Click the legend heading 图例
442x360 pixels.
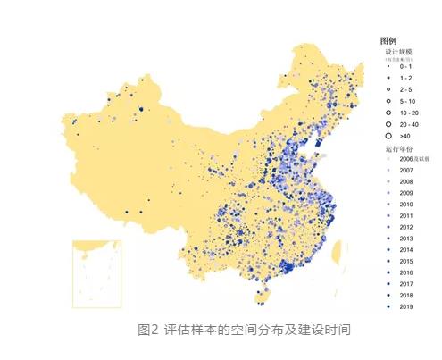(388, 41)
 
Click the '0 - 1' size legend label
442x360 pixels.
(405, 67)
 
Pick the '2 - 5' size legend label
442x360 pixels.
(405, 90)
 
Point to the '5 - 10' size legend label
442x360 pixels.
(407, 102)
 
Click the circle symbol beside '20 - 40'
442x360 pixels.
(388, 124)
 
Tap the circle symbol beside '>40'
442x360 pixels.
(388, 136)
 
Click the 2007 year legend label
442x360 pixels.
(407, 169)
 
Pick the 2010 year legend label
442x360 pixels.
(407, 204)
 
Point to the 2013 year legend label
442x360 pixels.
(407, 238)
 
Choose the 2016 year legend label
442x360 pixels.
(407, 272)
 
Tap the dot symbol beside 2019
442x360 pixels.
(388, 306)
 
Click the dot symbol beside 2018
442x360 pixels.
(388, 295)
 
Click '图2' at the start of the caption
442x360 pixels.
(148, 330)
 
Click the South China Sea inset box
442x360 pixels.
(96, 272)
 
